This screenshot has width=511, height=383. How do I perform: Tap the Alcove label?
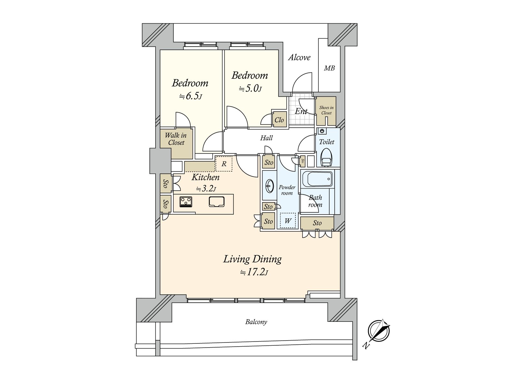[299, 57]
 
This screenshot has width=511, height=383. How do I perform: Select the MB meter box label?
[329, 68]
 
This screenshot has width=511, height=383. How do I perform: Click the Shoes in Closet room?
[326, 111]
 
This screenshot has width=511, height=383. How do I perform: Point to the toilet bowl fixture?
[326, 157]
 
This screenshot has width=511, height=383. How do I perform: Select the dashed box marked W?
[288, 221]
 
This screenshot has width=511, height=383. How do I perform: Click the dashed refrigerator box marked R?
[224, 164]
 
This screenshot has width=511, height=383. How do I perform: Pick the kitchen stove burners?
[186, 202]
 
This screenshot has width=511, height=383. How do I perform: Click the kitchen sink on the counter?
[217, 202]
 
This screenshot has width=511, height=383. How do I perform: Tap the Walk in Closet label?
[176, 139]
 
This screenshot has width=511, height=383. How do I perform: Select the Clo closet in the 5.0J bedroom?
[279, 120]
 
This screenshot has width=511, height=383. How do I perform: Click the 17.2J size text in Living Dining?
[254, 273]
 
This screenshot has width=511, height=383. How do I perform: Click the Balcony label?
[256, 322]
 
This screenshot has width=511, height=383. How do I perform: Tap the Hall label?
[266, 138]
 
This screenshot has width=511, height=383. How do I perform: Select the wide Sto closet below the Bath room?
[317, 223]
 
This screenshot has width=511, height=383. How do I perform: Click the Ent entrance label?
[301, 111]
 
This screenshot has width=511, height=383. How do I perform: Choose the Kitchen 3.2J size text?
[206, 189]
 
